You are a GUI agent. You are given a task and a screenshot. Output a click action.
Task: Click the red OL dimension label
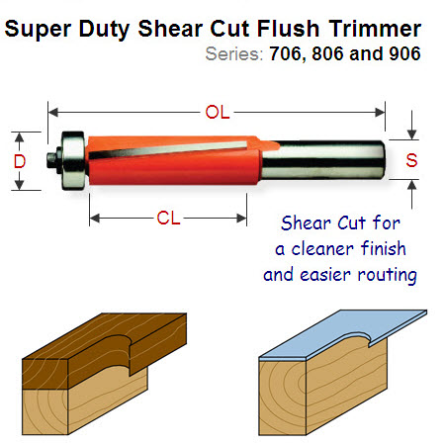pyautogui.click(x=218, y=112)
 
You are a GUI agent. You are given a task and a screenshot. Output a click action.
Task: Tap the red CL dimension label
pyautogui.click(x=168, y=219)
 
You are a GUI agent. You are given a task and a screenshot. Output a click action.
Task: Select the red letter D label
pyautogui.click(x=20, y=161)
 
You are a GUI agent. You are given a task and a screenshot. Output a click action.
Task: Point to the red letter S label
pyautogui.click(x=411, y=160)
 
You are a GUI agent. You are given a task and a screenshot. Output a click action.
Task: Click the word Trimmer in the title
pyautogui.click(x=375, y=29)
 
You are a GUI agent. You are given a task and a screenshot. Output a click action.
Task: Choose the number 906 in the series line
pyautogui.click(x=404, y=53)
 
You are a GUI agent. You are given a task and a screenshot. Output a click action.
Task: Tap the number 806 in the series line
pyautogui.click(x=328, y=53)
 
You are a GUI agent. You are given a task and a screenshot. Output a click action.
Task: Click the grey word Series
pyautogui.click(x=234, y=53)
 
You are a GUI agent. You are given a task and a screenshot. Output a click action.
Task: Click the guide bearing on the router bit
pyautogui.click(x=73, y=160)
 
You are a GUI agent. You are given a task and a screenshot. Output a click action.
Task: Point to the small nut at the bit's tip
pyautogui.click(x=52, y=160)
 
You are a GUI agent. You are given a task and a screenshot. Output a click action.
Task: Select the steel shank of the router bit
pyautogui.click(x=323, y=160)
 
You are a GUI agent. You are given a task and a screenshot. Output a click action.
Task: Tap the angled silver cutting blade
pyautogui.click(x=168, y=150)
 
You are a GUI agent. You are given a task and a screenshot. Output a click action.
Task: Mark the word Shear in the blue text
pyautogui.click(x=307, y=222)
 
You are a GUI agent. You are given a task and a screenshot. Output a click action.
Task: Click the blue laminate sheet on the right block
pyautogui.click(x=343, y=333)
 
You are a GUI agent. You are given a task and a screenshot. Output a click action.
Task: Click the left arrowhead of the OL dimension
pyautogui.click(x=53, y=113)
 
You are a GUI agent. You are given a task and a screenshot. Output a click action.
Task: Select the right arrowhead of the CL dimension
pyautogui.click(x=241, y=219)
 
